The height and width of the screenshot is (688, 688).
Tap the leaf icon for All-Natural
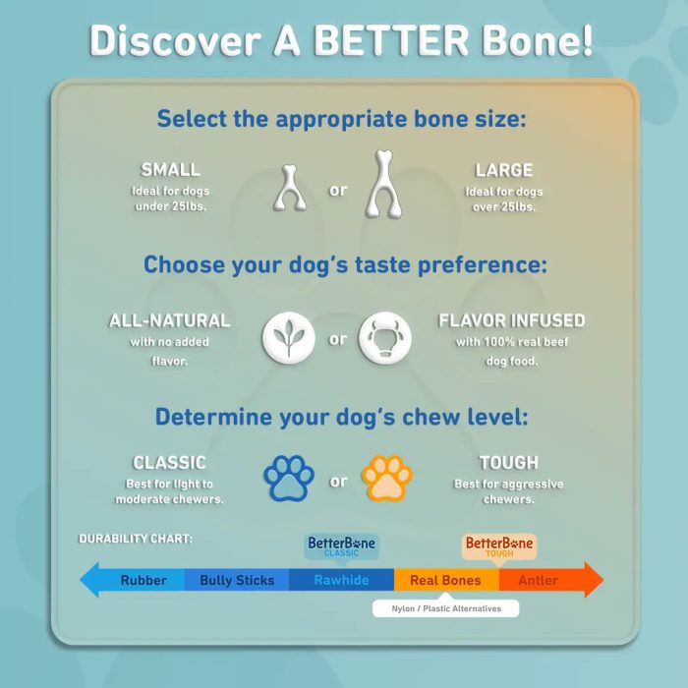point(288,338)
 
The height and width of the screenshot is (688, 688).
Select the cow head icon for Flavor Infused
point(385,338)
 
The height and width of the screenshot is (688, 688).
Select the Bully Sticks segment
point(237,580)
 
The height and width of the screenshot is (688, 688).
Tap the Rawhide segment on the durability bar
point(341,580)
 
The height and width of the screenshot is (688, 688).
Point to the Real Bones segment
point(446,580)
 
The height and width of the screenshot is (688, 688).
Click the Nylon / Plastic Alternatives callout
point(446,608)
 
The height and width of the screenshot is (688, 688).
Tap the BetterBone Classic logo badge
point(341,546)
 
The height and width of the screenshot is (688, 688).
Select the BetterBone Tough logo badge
point(499,546)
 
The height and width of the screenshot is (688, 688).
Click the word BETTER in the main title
point(390,40)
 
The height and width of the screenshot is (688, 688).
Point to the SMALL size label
point(170,170)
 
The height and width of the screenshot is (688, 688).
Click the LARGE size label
point(503,170)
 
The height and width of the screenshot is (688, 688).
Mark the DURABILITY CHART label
point(136,539)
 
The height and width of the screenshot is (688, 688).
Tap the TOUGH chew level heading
point(508,463)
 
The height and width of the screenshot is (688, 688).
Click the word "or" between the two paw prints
point(338,482)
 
